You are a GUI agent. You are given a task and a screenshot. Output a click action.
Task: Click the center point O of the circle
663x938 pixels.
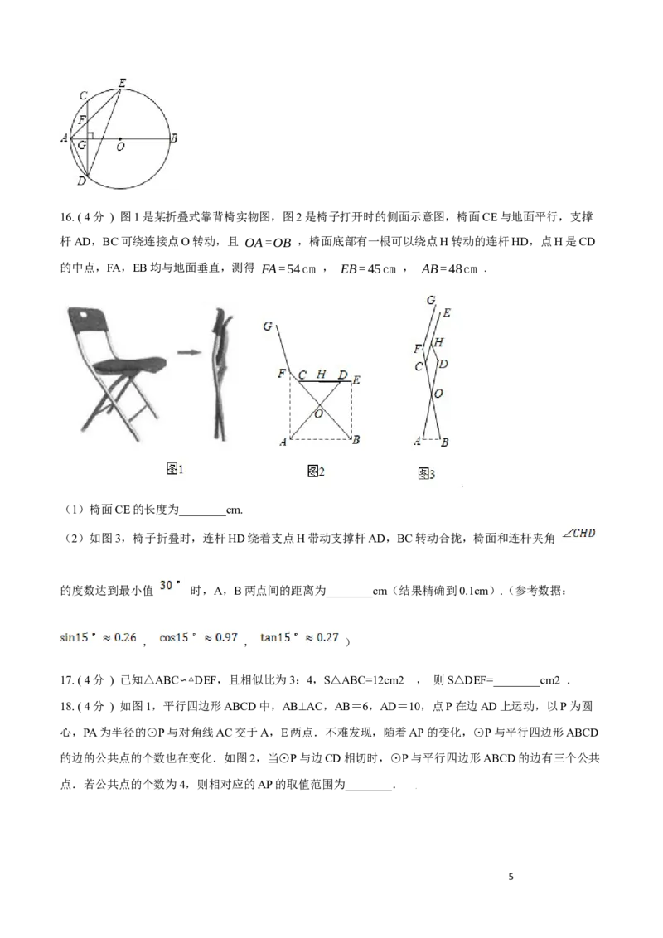tap(120, 138)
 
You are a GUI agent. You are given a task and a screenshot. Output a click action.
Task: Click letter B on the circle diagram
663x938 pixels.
tap(173, 138)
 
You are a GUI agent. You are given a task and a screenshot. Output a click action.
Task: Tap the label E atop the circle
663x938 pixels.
tap(122, 81)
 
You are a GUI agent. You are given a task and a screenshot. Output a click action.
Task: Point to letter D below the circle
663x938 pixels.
tap(80, 181)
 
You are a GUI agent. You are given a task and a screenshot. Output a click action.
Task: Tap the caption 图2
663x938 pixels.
tap(316, 471)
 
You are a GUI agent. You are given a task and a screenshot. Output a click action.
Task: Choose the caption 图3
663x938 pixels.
tap(426, 474)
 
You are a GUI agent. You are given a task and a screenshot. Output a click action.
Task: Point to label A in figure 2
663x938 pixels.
tap(283, 442)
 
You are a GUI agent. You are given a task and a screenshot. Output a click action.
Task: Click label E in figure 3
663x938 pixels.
tap(447, 313)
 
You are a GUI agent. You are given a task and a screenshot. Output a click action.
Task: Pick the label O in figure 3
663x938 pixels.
tap(438, 394)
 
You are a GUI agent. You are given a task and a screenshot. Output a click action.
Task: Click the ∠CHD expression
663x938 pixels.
tap(579, 534)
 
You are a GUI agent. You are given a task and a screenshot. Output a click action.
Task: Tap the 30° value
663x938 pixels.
tap(169, 586)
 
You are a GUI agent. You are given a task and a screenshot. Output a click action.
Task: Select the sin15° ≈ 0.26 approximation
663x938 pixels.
tap(97, 638)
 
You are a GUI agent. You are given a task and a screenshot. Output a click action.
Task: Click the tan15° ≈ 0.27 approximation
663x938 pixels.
tap(301, 638)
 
